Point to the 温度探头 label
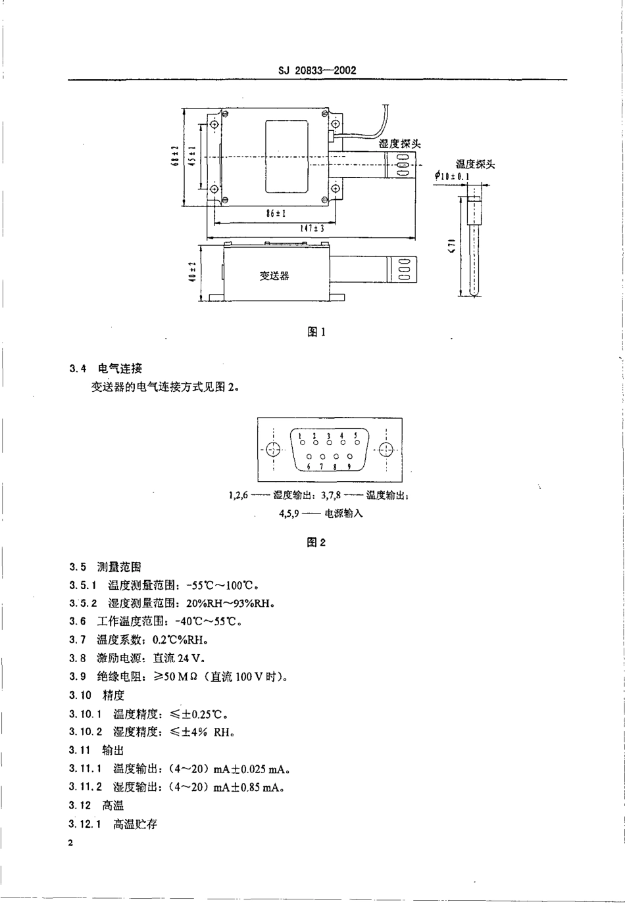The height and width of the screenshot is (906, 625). click(475, 164)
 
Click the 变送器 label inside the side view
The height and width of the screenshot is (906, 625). click(274, 276)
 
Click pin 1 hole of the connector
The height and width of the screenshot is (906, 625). click(300, 442)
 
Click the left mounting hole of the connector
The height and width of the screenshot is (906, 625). click(274, 450)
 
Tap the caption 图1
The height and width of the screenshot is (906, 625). click(316, 332)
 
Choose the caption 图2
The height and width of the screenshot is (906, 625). click(316, 542)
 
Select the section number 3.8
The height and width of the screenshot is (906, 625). click(78, 658)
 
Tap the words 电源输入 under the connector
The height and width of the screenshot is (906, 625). click(343, 513)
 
